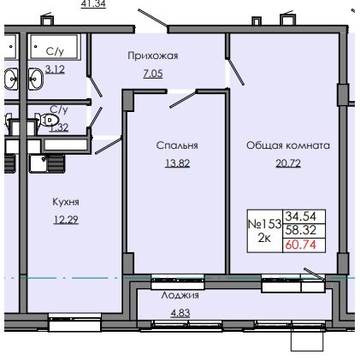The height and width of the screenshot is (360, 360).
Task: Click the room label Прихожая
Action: click(153, 56)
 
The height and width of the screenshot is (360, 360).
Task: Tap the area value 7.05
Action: click(153, 74)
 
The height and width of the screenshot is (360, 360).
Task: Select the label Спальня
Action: click(177, 145)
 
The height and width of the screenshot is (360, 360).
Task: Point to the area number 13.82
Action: click(177, 163)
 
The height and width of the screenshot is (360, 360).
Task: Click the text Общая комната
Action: click(288, 145)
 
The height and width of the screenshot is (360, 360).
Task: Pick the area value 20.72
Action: click(288, 163)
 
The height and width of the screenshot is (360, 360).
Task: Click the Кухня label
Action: click(66, 202)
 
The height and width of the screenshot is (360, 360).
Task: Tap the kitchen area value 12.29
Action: click(66, 220)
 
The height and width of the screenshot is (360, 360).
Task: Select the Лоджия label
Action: click(180, 295)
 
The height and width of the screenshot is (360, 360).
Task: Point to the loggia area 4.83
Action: click(180, 313)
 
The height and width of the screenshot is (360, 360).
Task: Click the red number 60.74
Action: click(301, 245)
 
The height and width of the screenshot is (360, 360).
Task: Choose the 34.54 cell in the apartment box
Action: click(301, 216)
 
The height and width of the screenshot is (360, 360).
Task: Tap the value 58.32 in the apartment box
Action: click(301, 230)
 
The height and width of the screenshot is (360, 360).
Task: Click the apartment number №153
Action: click(265, 224)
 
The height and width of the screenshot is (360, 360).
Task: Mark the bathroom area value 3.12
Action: click(55, 69)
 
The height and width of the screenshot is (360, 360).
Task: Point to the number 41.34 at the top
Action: click(93, 4)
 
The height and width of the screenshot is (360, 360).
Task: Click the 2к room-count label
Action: click(264, 239)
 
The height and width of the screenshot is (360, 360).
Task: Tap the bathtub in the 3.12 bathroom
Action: click(54, 46)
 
